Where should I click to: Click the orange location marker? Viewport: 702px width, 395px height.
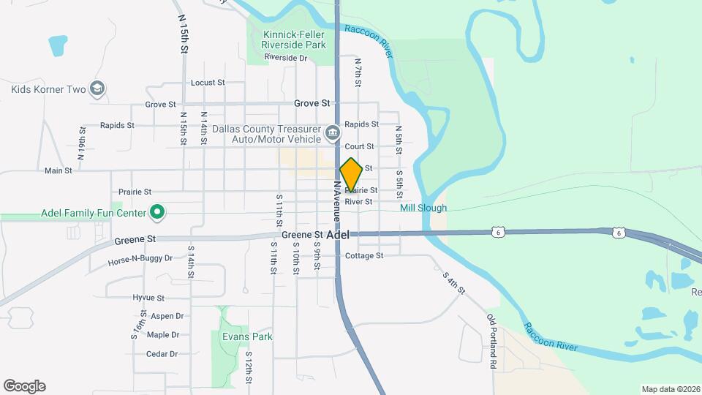click(351, 174)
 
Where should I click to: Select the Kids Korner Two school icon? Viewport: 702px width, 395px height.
click(98, 89)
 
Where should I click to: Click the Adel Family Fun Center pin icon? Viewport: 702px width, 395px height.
click(156, 213)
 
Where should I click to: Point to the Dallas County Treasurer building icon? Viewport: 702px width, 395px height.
click(333, 133)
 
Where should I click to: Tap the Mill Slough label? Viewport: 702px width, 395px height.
click(423, 208)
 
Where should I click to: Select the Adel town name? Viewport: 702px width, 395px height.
click(338, 235)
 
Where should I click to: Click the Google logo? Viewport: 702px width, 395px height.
click(24, 385)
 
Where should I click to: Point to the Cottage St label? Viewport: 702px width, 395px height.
click(364, 255)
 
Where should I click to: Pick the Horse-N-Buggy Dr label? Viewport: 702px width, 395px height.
click(140, 259)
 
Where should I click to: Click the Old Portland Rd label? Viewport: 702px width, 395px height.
click(493, 341)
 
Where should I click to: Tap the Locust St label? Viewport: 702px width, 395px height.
click(208, 83)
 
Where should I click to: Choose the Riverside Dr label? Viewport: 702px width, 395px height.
click(286, 57)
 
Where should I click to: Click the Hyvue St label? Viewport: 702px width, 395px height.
click(148, 298)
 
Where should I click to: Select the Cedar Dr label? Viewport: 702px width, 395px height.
click(162, 354)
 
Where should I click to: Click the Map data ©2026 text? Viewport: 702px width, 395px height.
click(670, 389)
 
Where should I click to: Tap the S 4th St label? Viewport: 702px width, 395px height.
click(453, 283)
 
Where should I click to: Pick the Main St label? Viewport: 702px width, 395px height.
click(58, 170)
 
